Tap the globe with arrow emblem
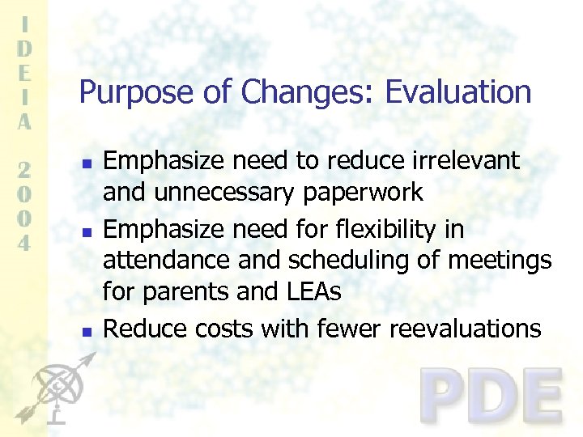click(53, 388)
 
